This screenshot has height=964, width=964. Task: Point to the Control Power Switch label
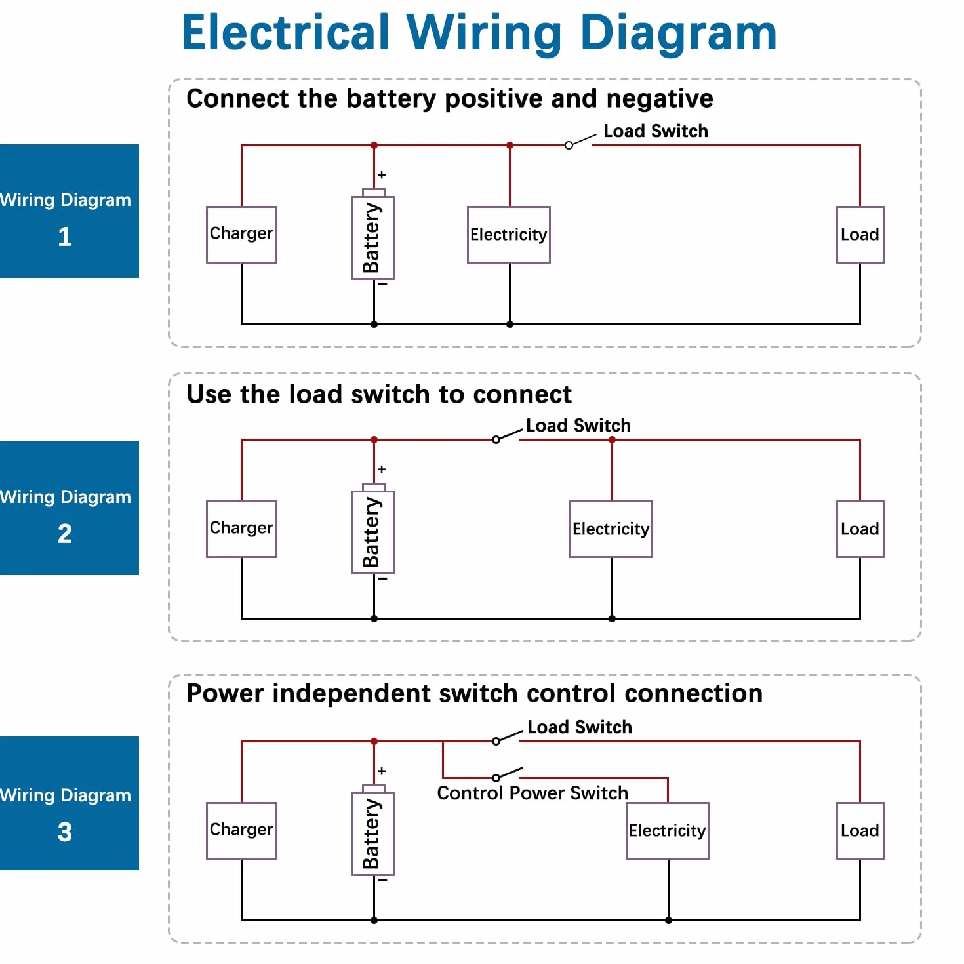(x=532, y=793)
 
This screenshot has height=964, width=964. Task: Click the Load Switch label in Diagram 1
(x=655, y=131)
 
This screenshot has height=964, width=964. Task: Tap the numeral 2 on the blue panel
(x=64, y=533)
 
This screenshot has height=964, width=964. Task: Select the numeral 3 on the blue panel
(x=64, y=832)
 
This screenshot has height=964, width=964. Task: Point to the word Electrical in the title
(x=286, y=32)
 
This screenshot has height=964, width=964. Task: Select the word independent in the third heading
(x=394, y=694)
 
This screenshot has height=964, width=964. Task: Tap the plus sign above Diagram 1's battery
(x=382, y=174)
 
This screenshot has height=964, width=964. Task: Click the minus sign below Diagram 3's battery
(x=383, y=880)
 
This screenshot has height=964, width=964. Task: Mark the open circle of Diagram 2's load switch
(x=496, y=440)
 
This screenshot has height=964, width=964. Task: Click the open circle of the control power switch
(x=496, y=778)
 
